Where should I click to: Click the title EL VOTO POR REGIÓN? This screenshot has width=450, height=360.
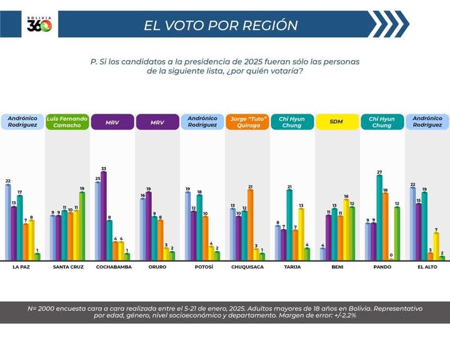(221, 25)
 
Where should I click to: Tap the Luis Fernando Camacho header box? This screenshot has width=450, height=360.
(67, 121)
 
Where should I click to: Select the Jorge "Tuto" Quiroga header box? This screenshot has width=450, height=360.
(248, 121)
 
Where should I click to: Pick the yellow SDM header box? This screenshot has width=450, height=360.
(337, 121)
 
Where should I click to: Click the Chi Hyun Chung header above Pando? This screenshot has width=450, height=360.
(382, 121)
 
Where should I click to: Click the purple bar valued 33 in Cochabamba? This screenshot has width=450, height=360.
(104, 216)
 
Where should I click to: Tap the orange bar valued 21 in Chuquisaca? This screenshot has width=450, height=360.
(251, 224)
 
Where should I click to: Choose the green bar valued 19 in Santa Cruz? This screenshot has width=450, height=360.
(82, 226)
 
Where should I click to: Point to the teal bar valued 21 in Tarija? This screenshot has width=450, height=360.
(289, 224)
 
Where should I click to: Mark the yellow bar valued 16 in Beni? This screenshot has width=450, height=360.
(346, 229)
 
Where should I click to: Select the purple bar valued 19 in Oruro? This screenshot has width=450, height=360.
(149, 226)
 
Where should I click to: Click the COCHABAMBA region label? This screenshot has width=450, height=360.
(113, 267)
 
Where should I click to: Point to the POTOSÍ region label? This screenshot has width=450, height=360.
(202, 267)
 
